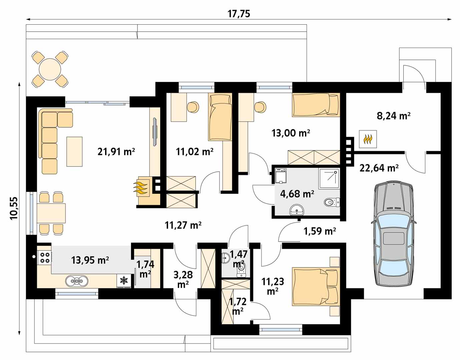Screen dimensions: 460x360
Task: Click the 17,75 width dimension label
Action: (239, 14)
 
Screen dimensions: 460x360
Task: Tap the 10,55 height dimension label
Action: (15, 208)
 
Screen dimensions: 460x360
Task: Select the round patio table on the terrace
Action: (50, 69)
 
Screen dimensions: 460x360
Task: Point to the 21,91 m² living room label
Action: (116, 152)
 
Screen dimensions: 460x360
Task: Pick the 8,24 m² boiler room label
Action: (394, 116)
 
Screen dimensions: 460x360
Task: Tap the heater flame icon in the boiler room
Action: (368, 139)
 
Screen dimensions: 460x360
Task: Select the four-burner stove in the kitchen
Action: (44, 257)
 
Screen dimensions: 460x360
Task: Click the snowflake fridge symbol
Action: (124, 281)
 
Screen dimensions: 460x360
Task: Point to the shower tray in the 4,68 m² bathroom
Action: (329, 178)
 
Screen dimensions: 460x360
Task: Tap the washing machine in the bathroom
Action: (281, 176)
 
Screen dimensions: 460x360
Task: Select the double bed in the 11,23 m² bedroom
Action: (316, 287)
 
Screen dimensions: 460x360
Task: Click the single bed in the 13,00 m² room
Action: (316, 105)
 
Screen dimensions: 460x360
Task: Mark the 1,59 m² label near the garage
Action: (320, 231)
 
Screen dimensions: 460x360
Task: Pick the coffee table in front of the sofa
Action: (74, 151)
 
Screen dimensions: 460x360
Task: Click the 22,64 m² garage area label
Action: (379, 168)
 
